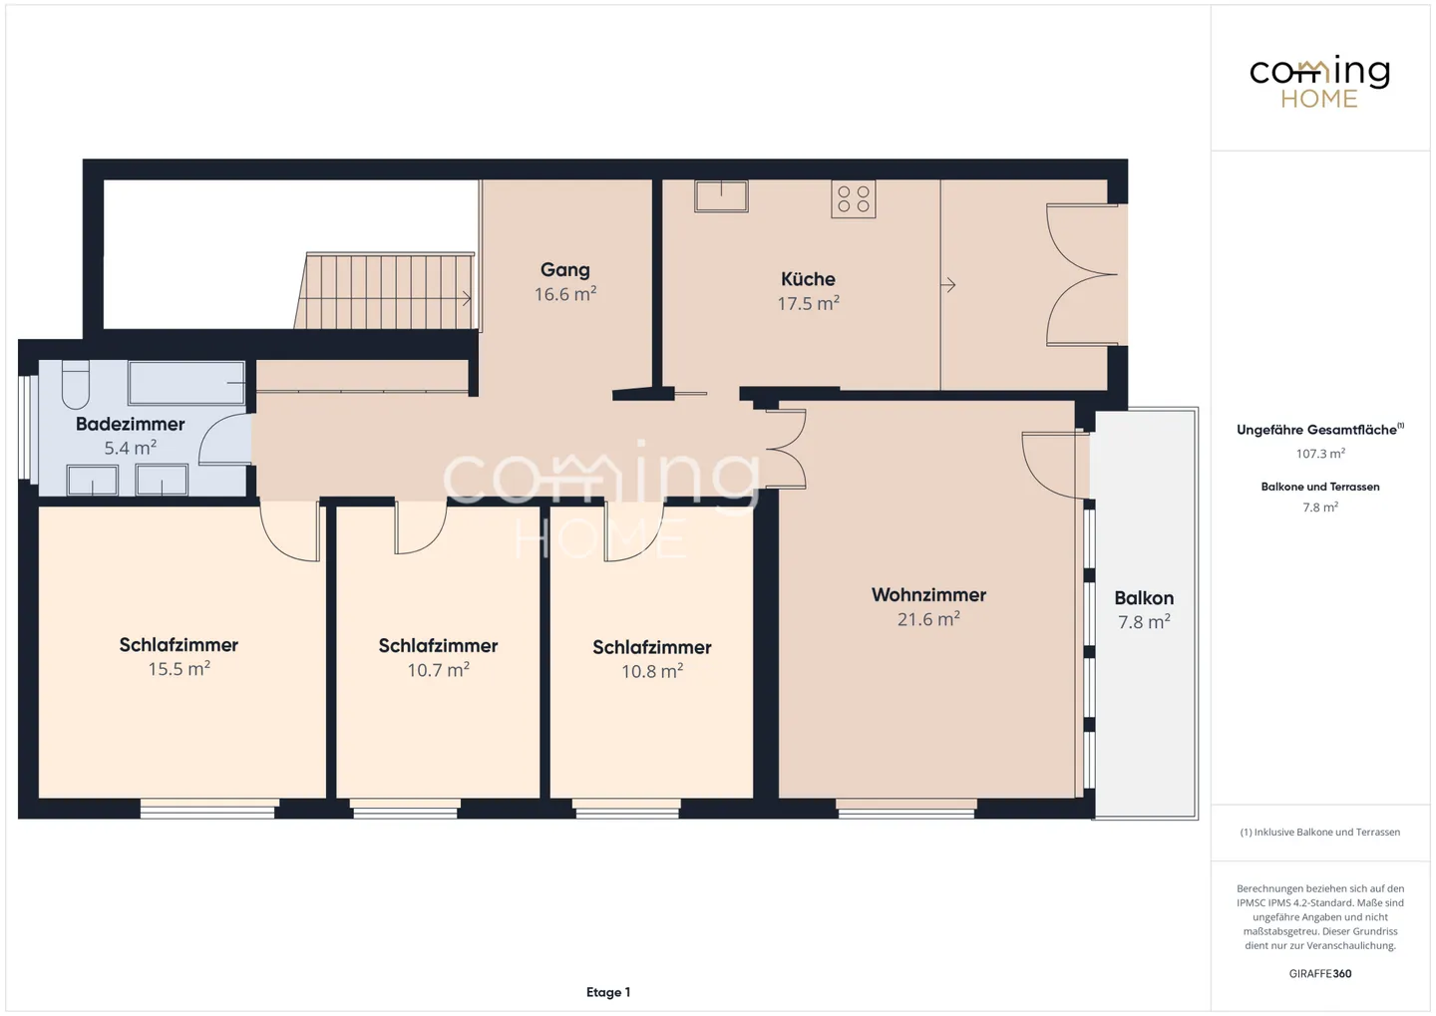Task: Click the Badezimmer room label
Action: [130, 424]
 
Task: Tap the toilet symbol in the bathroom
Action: [75, 385]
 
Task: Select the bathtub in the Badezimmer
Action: [186, 383]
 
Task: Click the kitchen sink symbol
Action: [721, 196]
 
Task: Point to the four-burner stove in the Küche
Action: [854, 198]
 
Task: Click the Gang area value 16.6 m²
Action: [565, 294]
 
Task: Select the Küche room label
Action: [808, 279]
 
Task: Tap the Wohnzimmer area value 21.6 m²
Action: [928, 618]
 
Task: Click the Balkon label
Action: [1144, 598]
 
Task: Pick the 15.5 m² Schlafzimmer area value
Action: [179, 669]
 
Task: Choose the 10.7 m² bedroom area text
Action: [438, 670]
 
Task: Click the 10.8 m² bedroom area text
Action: [652, 671]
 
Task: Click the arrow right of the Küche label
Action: [948, 284]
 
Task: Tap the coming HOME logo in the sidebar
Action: [1319, 82]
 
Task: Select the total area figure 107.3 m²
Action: [1320, 454]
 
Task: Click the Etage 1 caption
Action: [608, 992]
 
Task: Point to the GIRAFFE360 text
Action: [1320, 973]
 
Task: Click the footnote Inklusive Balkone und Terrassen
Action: [1327, 832]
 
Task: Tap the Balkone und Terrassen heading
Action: [1320, 487]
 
